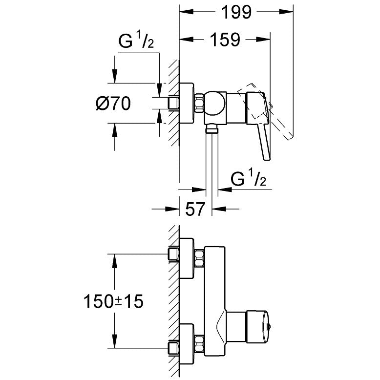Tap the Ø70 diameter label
[113, 104]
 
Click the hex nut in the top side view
[199, 104]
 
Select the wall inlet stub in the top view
[174, 103]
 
